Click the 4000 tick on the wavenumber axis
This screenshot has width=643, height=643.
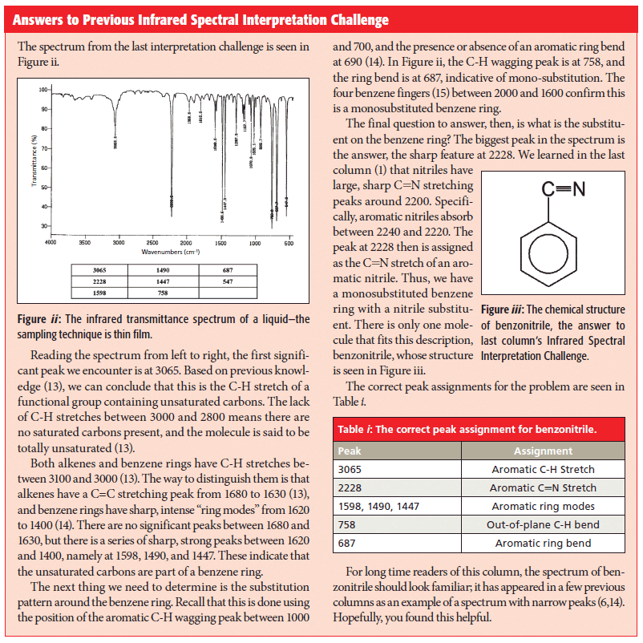(51, 241)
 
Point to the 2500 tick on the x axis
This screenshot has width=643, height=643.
(152, 241)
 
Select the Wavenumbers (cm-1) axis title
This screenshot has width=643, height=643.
(170, 251)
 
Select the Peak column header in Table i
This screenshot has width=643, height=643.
(350, 451)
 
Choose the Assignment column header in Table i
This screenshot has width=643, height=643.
(543, 451)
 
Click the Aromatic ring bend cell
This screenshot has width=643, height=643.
(543, 543)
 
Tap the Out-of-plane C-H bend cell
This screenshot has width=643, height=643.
(543, 524)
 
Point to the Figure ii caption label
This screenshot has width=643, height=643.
(39, 319)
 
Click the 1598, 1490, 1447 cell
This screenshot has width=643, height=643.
(379, 506)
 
